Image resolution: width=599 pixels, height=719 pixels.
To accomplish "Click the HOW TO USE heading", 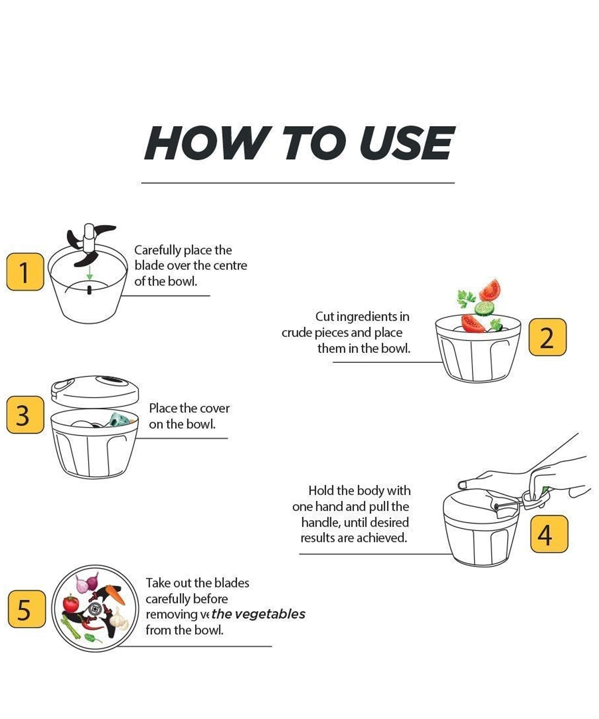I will click(x=299, y=143).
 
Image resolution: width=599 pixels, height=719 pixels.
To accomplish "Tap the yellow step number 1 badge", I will click(x=25, y=272).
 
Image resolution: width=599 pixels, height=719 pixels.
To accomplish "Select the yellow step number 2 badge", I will click(x=547, y=337).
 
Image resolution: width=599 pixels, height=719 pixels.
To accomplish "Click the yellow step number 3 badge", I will click(x=25, y=415).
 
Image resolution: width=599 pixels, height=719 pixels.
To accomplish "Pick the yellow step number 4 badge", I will click(x=549, y=534).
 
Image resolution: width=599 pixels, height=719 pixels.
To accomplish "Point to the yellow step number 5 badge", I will click(x=27, y=609).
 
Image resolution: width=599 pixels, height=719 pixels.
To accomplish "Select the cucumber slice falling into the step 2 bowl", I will click(x=484, y=307).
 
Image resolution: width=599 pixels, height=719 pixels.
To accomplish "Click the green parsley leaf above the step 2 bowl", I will click(x=465, y=299).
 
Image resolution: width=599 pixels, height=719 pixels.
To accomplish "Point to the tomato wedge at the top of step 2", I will click(x=490, y=290).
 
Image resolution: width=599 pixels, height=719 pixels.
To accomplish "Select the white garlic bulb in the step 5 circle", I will click(x=118, y=619).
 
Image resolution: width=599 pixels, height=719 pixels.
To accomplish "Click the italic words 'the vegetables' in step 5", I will click(x=258, y=614).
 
